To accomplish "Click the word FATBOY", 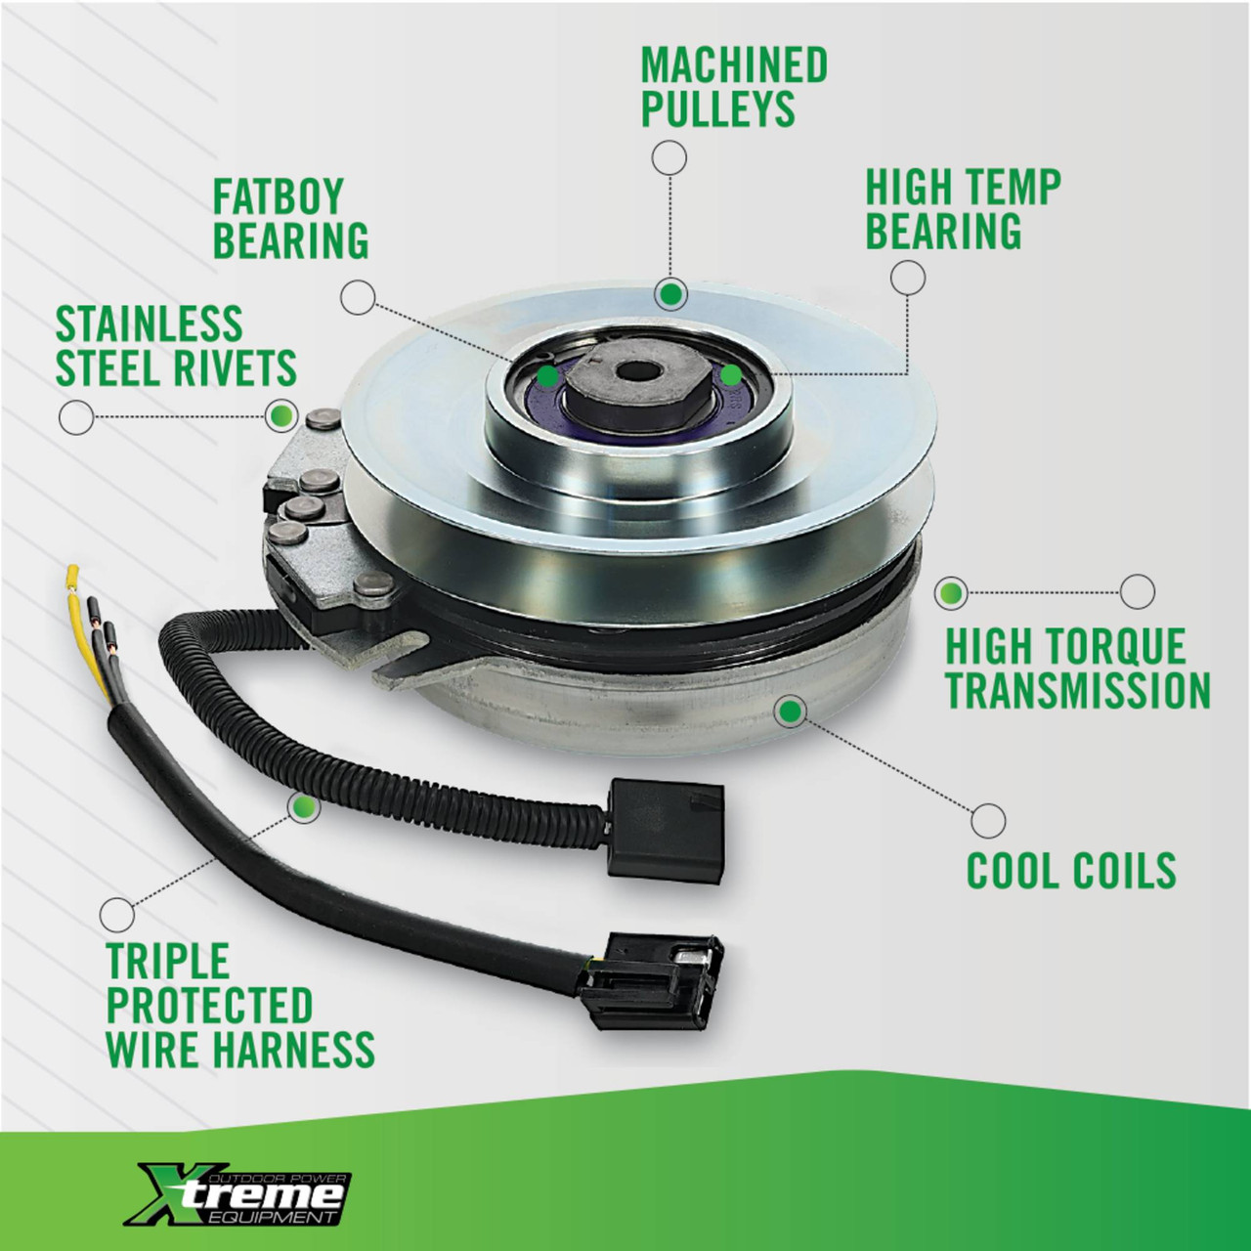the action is pos(278,196).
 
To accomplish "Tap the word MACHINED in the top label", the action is pos(734,65).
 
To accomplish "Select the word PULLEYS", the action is pos(717,108).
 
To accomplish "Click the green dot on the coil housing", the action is pos(790,711).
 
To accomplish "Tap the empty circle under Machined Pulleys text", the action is pos(669,156).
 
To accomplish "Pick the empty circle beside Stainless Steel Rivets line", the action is pos(76,417).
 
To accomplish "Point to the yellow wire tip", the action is pos(71,574).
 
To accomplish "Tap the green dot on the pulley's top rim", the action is pos(670,294).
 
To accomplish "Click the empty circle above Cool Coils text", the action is pos(988,820).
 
